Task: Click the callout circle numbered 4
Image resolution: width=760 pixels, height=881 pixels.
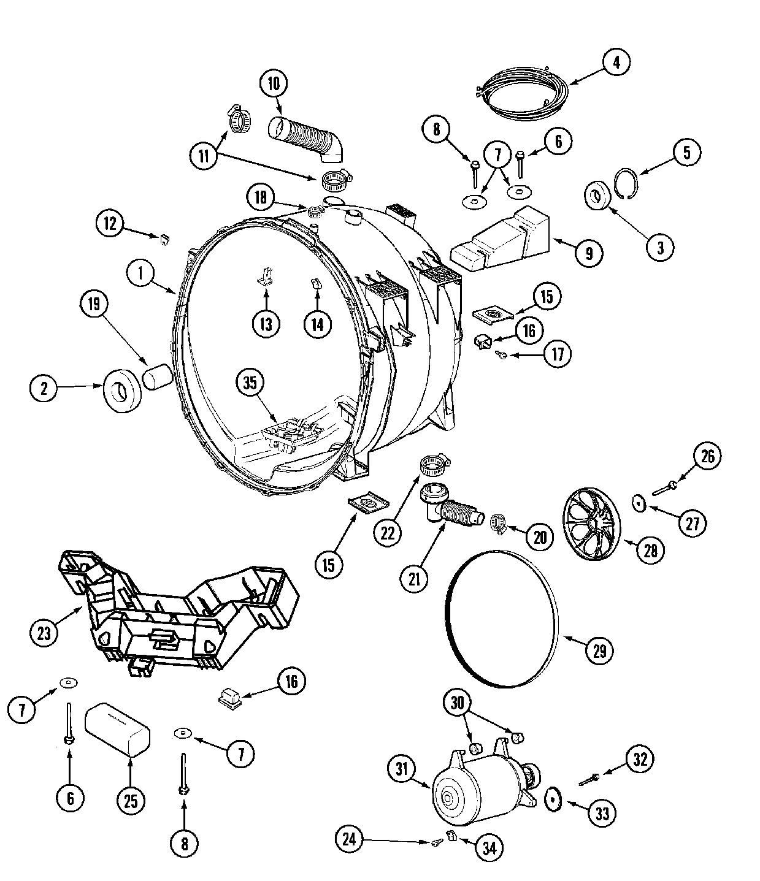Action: pyautogui.click(x=616, y=62)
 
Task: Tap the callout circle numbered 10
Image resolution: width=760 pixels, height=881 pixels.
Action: pyautogui.click(x=274, y=83)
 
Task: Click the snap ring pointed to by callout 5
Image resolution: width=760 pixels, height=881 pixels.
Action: pyautogui.click(x=626, y=183)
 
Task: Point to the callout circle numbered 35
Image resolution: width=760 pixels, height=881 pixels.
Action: pyautogui.click(x=250, y=384)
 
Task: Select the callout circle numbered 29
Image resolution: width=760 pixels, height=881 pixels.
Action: pyautogui.click(x=599, y=650)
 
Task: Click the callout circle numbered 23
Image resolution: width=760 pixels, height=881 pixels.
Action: pyautogui.click(x=44, y=633)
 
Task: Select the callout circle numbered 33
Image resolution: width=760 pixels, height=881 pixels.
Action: pyautogui.click(x=602, y=814)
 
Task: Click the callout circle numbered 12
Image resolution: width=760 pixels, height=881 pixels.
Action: pyautogui.click(x=110, y=224)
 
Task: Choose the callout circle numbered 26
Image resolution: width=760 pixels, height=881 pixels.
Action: pyautogui.click(x=707, y=456)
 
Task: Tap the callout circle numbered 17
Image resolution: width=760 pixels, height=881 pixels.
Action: pyautogui.click(x=558, y=354)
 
